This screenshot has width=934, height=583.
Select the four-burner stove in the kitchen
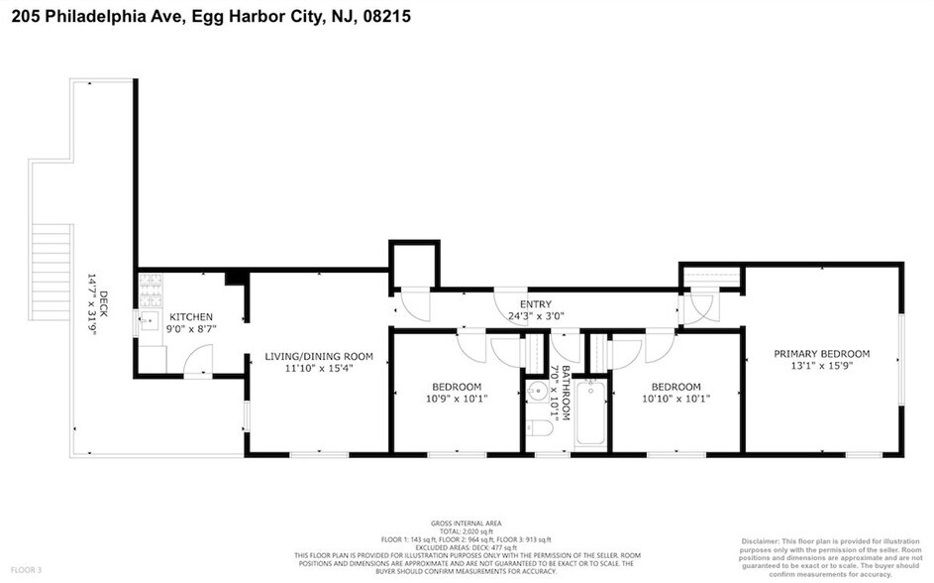coord(152,289)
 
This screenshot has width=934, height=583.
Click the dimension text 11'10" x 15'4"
coord(317,368)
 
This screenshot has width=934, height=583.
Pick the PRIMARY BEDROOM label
coord(821,354)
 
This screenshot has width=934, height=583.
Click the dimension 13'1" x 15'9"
coord(821,366)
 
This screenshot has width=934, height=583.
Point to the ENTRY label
coord(535,304)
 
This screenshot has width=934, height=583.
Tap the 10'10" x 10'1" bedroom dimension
coord(675,399)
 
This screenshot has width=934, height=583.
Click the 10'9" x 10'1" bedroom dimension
coord(456,399)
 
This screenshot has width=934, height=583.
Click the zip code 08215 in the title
coord(384,16)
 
